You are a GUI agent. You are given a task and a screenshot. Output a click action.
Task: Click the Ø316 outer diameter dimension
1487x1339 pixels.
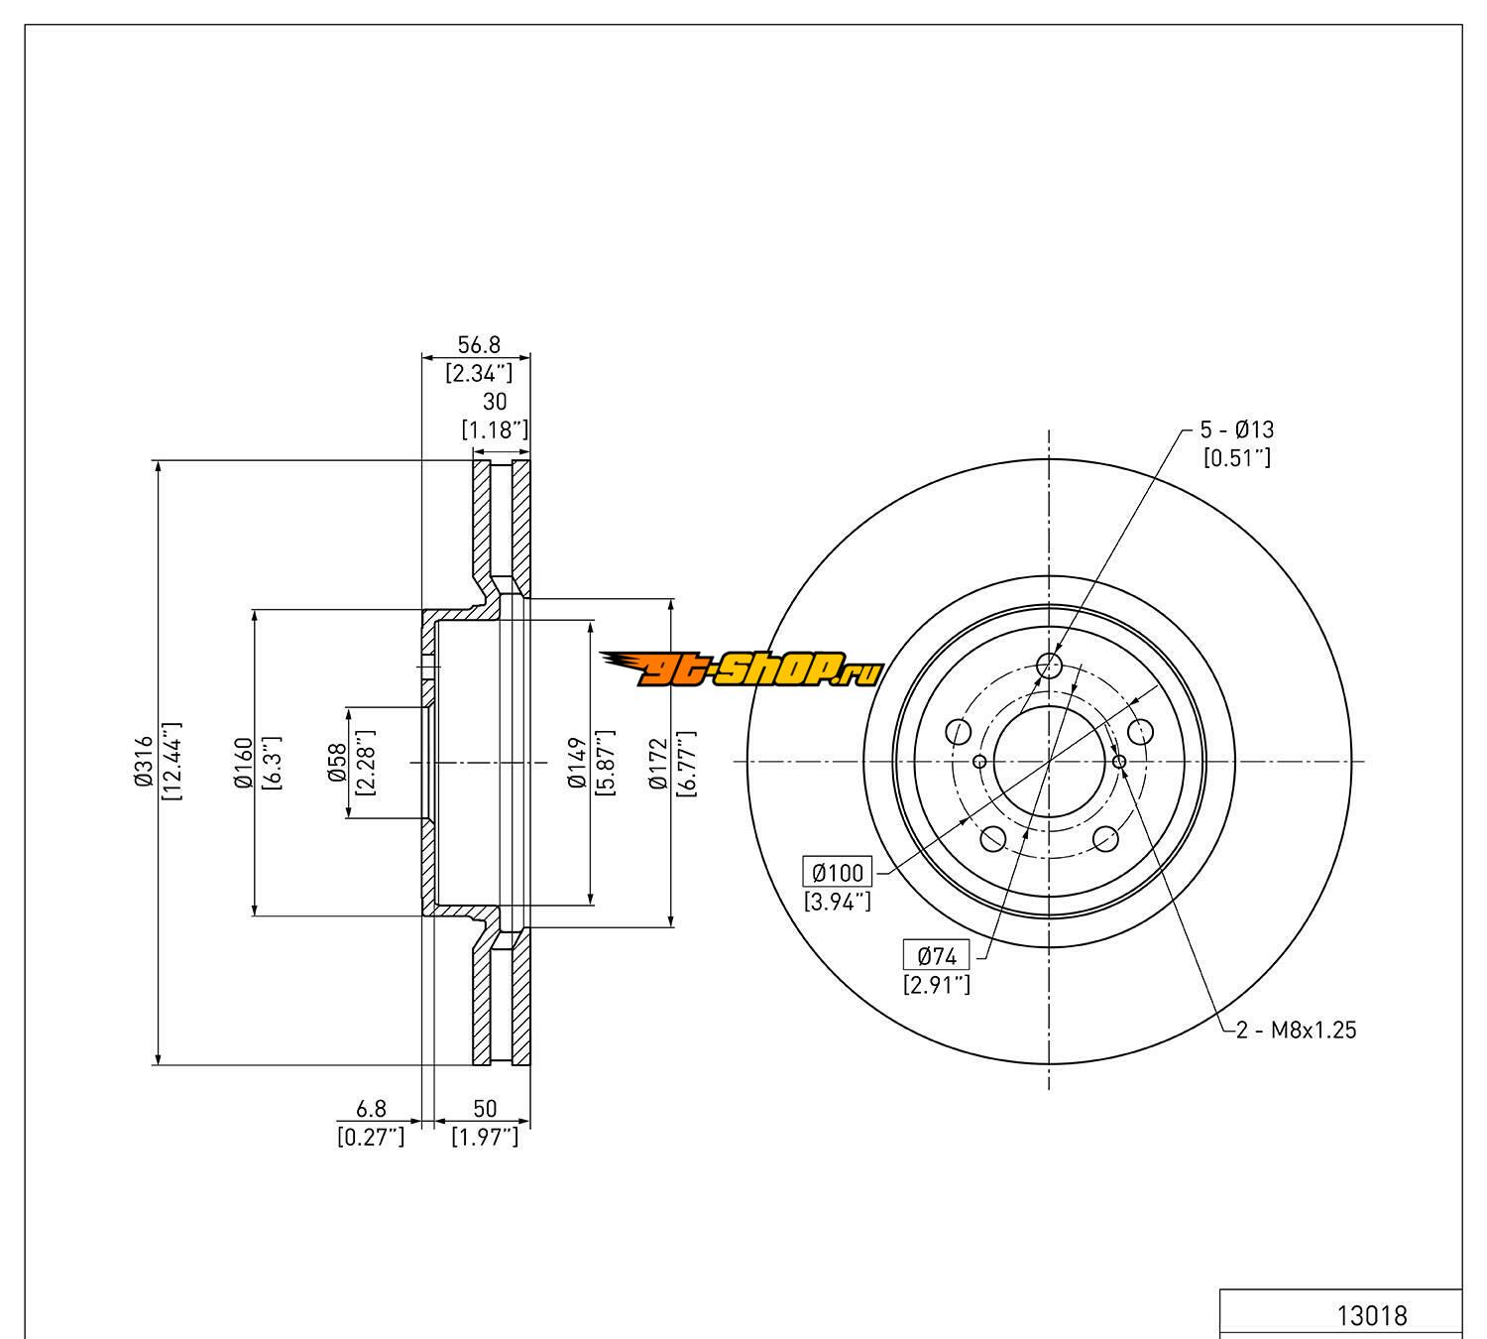coord(144,762)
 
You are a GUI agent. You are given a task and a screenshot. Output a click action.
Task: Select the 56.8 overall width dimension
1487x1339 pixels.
coord(478,345)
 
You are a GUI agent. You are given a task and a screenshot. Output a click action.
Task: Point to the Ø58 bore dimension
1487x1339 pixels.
coord(338,763)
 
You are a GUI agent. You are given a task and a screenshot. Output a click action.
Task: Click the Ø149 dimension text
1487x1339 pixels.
coord(578,763)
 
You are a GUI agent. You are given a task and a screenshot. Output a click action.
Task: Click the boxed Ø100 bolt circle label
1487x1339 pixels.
coord(838,873)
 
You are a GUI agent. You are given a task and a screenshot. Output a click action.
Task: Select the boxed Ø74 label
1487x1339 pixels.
coord(936,956)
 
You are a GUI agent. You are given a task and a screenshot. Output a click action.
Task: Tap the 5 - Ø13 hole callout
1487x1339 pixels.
coord(1237,429)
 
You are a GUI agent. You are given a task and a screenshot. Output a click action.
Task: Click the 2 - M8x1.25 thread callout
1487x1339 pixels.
coord(1296,1030)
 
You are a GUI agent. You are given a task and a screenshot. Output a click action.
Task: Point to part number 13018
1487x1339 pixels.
coord(1371,1315)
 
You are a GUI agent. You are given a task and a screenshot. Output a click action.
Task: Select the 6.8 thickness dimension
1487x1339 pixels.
coord(372,1108)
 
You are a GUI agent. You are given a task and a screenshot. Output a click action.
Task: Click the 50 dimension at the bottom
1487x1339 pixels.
coord(485,1108)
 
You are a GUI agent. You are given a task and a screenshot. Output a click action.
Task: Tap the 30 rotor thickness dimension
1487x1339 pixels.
coord(494,402)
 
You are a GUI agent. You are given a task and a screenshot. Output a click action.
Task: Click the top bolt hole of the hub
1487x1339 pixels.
coord(1048,665)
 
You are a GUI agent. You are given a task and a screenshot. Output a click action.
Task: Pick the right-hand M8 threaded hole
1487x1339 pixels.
coord(1119,762)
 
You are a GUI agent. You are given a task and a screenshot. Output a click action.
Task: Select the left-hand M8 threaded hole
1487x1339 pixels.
coord(979,762)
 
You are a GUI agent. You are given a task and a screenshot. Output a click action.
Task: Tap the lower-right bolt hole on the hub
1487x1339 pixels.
coord(1105,839)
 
